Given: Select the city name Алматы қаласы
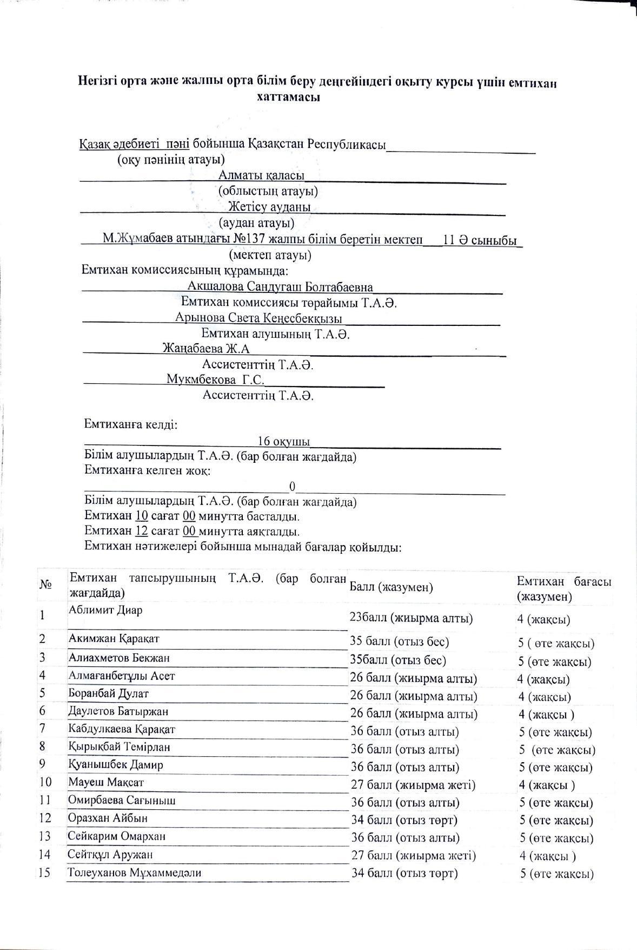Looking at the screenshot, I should pos(261,175).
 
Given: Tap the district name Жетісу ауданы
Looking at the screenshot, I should pos(269,207).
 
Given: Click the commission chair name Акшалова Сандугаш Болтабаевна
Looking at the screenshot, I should pos(280,286).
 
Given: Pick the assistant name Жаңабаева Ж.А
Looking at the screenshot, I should pos(206,349).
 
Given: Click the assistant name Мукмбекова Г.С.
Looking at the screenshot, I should pos(215,379).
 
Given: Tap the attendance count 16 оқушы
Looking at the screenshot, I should pos(284,442).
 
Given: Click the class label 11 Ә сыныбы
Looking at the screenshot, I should pos(480,240).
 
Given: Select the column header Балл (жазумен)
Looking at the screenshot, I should pos(392,587).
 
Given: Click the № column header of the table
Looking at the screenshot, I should pos(45,585).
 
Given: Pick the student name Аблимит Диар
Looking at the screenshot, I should pos(105,610).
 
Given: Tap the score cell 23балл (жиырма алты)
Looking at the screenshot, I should pos(411,618).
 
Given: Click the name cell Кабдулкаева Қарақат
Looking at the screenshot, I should pos(122,729).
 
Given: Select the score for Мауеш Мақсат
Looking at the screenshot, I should pos(413,785).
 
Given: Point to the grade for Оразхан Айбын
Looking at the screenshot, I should pos(556,821).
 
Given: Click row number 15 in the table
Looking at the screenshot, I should pos(45,873).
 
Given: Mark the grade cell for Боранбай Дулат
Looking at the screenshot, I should pos(545,697).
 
